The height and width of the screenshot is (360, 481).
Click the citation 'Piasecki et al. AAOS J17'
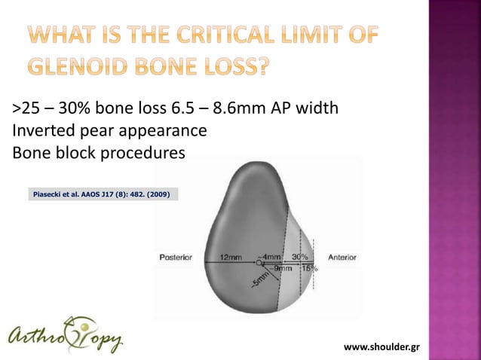[x=80, y=195]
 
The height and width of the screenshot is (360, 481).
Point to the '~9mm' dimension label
[x=283, y=267]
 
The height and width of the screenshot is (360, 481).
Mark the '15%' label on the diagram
[x=309, y=267]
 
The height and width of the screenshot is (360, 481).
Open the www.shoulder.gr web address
[x=381, y=346]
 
